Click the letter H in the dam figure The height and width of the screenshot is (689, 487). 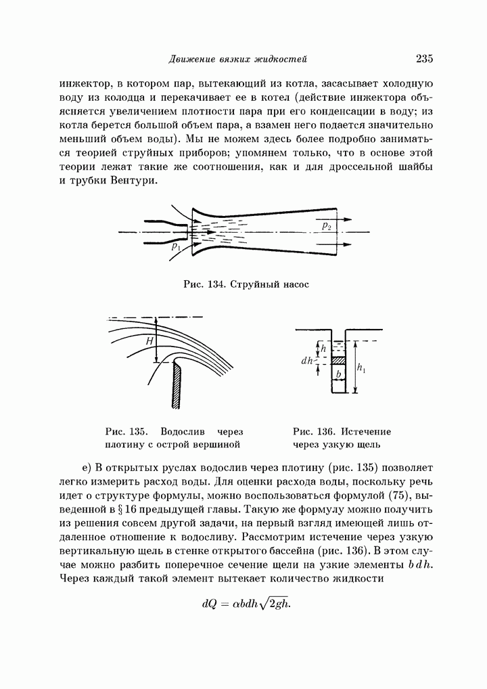pyautogui.click(x=149, y=342)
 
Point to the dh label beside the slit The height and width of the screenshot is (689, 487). pyautogui.click(x=306, y=361)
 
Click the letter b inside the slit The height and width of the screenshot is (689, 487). pyautogui.click(x=336, y=374)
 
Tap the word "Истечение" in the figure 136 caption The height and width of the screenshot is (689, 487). pyautogui.click(x=366, y=431)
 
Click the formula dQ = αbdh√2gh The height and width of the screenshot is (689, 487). pyautogui.click(x=246, y=603)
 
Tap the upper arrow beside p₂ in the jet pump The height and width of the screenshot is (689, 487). pyautogui.click(x=345, y=219)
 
